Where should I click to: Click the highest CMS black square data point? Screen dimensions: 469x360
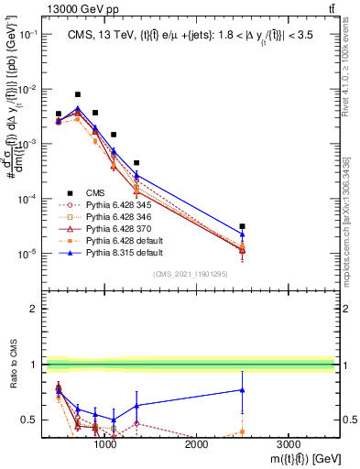78,94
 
